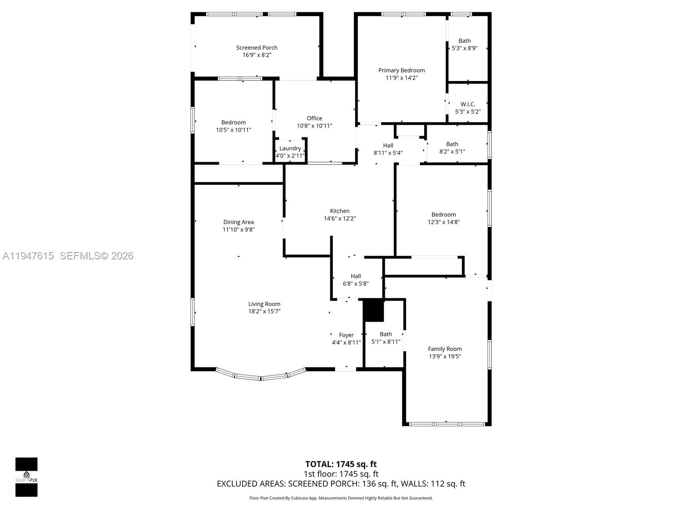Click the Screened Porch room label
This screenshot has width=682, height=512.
click(x=257, y=48)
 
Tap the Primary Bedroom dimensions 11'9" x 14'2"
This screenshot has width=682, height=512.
click(x=402, y=78)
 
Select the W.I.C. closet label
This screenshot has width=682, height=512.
click(x=468, y=104)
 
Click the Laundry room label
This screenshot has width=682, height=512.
click(x=290, y=148)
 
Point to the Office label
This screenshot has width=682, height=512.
click(x=314, y=118)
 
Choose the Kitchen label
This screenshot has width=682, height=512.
click(x=339, y=211)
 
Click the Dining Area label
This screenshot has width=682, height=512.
click(x=238, y=222)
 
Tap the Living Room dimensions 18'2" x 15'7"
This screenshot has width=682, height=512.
click(x=264, y=311)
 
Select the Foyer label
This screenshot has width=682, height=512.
click(x=346, y=335)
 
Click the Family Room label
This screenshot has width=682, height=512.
click(x=445, y=349)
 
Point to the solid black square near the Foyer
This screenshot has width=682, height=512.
click(x=374, y=311)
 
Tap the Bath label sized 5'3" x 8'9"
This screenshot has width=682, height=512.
click(x=464, y=41)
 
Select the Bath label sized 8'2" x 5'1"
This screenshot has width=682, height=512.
click(x=452, y=144)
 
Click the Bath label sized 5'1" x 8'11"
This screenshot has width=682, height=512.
click(x=386, y=334)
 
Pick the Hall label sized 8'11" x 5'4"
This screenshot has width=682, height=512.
click(x=388, y=145)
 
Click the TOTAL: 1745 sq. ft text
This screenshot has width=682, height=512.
click(x=341, y=464)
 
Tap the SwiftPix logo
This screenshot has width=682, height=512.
click(x=26, y=477)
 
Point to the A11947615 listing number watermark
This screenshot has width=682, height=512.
click(x=28, y=256)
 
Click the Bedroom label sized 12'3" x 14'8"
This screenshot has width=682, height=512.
click(x=443, y=215)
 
